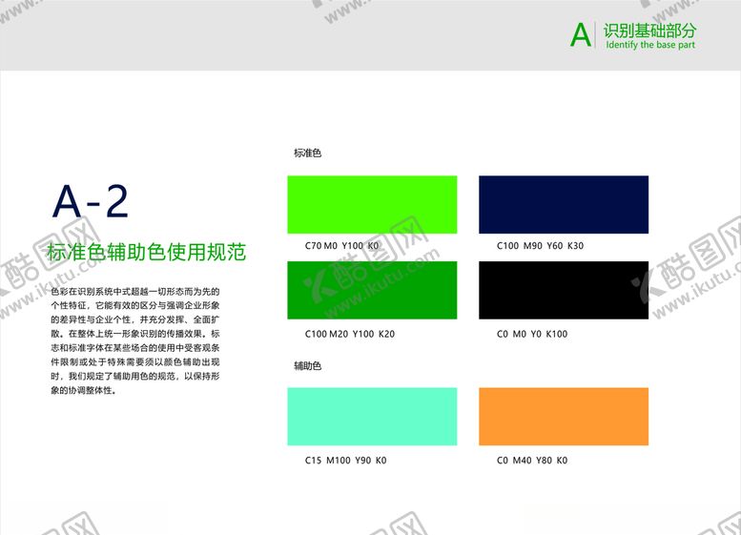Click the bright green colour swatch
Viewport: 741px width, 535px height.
(x=372, y=204)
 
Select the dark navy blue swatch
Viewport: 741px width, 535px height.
(x=563, y=204)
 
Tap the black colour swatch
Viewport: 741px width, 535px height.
(x=563, y=290)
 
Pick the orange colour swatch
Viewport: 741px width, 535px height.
(x=563, y=416)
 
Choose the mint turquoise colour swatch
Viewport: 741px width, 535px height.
(x=372, y=416)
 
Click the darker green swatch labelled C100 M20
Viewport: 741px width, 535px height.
(x=372, y=290)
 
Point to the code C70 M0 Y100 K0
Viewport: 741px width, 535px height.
(x=341, y=246)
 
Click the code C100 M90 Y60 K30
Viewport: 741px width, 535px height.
(x=540, y=246)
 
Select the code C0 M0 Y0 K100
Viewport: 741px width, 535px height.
(x=532, y=334)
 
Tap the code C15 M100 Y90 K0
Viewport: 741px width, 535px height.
(x=345, y=461)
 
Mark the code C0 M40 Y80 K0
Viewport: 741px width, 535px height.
(x=532, y=461)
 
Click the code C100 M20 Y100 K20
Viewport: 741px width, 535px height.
(x=349, y=334)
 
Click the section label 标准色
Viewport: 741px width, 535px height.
(x=307, y=153)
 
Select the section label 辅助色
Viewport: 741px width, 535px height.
(x=307, y=365)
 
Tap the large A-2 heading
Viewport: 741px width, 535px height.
(x=91, y=201)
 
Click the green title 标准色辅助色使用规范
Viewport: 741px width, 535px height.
(x=146, y=253)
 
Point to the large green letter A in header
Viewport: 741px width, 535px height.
(x=580, y=35)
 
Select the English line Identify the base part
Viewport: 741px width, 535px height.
(x=649, y=45)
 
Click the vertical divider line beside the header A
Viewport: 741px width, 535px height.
(x=596, y=34)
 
